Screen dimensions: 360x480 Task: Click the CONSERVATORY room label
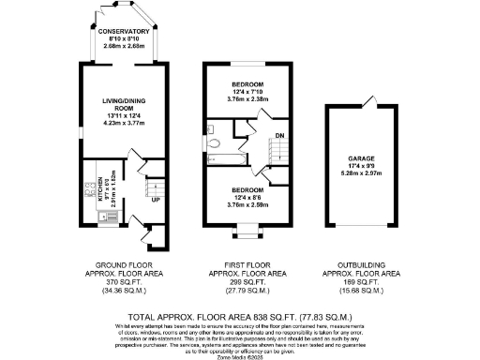pyautogui.click(x=124, y=31)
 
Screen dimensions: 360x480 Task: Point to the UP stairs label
pyautogui.click(x=155, y=200)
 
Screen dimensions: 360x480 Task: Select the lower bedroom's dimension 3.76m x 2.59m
pyautogui.click(x=248, y=204)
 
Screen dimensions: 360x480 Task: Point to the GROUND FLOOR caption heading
pyautogui.click(x=125, y=265)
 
